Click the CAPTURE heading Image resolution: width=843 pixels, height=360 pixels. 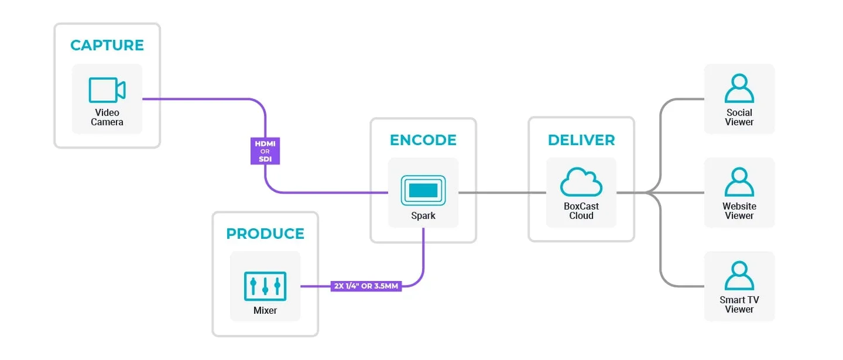[107, 45]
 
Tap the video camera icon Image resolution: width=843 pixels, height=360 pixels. [107, 90]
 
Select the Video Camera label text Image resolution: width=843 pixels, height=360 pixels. [107, 117]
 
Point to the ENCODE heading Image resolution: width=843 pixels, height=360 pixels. [423, 140]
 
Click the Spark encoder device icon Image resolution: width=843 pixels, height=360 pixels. [423, 190]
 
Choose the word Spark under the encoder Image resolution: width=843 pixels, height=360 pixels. [423, 215]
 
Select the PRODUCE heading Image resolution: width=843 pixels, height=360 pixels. [265, 234]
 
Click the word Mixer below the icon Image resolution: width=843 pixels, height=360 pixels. [265, 310]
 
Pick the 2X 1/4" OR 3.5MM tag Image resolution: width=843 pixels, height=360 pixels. [366, 287]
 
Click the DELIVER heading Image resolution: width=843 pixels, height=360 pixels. [581, 140]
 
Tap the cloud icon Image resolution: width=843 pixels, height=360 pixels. [581, 182]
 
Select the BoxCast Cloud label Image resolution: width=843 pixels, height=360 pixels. [581, 211]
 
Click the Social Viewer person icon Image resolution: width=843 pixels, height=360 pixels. [739, 88]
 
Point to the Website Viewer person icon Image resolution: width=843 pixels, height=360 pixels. [739, 182]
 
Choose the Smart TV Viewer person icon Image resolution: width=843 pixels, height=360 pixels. [739, 276]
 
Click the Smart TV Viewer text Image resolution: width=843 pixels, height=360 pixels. [739, 304]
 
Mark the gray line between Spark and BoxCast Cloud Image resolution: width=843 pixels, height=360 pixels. [502, 193]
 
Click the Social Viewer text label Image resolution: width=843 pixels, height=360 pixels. [739, 117]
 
